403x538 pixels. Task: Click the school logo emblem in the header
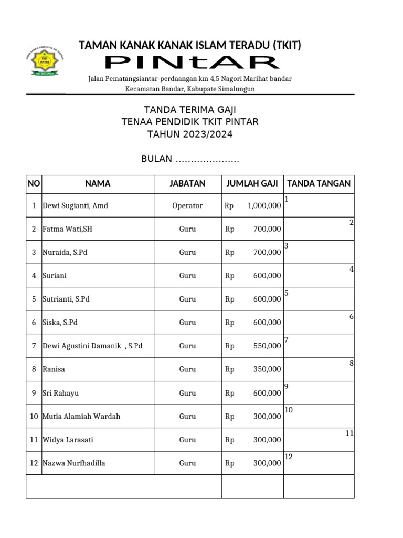click(x=45, y=62)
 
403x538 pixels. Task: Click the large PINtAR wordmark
click(x=192, y=63)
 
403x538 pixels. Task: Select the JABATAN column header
click(x=187, y=184)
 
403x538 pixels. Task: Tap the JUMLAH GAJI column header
click(x=252, y=184)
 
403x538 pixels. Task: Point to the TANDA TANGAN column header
click(x=319, y=184)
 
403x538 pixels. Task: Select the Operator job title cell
click(x=187, y=206)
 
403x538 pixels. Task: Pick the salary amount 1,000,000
click(x=264, y=206)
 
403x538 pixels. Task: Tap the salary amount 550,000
click(x=267, y=346)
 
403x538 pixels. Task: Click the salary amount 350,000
click(x=267, y=369)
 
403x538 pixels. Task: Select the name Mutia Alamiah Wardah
click(x=81, y=417)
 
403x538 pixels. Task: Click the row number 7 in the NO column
click(x=34, y=346)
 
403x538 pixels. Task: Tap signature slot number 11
click(x=349, y=433)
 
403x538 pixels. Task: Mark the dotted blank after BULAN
click(x=207, y=160)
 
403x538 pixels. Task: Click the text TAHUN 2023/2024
click(x=190, y=134)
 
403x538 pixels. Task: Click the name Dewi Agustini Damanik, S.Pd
click(x=92, y=346)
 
